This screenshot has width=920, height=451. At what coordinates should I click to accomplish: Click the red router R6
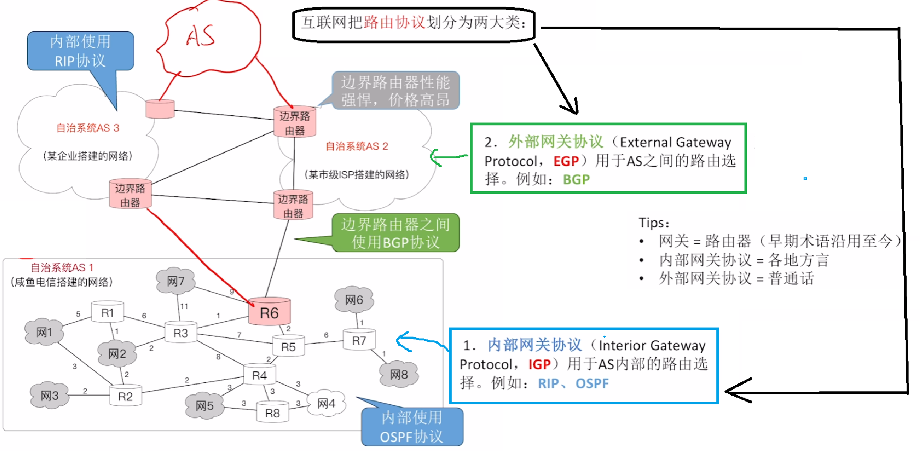point(269,312)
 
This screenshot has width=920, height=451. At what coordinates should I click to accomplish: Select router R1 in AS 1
point(108,313)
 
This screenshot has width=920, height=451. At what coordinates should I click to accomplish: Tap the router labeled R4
point(259,375)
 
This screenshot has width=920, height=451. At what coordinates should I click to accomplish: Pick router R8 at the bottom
point(272,413)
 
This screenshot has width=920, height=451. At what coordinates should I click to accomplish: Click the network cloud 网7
point(176,281)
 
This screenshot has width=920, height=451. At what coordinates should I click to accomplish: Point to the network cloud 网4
point(326,403)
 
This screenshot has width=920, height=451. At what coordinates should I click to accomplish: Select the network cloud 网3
point(49,395)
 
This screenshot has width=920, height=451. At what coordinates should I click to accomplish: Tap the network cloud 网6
point(354,300)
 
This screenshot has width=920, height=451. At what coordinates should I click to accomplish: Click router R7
point(359,340)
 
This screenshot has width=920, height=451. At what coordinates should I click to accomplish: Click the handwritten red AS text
point(200,36)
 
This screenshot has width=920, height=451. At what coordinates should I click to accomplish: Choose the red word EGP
point(566,161)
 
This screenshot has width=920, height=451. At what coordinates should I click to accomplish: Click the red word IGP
point(539,365)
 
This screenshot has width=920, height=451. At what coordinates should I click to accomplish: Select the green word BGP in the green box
point(576,180)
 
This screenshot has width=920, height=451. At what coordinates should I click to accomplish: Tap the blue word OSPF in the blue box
point(592,384)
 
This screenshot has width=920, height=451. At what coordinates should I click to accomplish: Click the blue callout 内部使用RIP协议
point(80,51)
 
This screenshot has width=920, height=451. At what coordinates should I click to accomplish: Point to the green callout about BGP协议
point(395,233)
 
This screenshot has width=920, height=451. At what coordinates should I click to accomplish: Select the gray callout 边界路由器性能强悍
point(395,91)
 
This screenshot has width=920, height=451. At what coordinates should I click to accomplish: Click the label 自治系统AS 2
point(357,146)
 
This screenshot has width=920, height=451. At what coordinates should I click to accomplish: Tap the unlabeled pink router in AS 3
point(160,109)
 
